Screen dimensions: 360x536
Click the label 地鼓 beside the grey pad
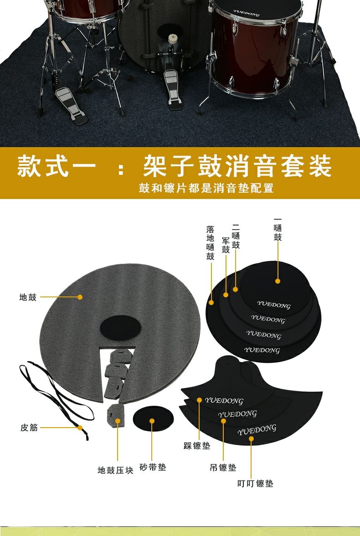[28, 297]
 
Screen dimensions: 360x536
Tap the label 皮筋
[29, 428]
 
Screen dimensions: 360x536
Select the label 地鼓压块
[115, 470]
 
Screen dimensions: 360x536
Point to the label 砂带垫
[153, 467]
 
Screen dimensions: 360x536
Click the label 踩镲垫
[197, 446]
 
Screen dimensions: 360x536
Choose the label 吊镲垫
[223, 467]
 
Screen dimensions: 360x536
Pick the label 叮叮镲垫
[255, 483]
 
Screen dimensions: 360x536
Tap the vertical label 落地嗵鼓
[210, 243]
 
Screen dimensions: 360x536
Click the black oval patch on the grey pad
[120, 328]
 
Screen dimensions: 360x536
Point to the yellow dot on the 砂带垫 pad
[152, 421]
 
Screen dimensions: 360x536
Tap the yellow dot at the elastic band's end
[80, 428]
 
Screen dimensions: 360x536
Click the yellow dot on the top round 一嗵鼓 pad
[278, 281]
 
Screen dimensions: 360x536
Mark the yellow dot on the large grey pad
[80, 297]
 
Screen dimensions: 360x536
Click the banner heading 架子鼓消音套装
[237, 166]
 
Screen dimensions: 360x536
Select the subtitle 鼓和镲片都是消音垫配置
[206, 188]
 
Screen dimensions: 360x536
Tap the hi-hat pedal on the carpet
[72, 105]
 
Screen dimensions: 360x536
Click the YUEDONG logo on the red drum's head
[247, 13]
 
